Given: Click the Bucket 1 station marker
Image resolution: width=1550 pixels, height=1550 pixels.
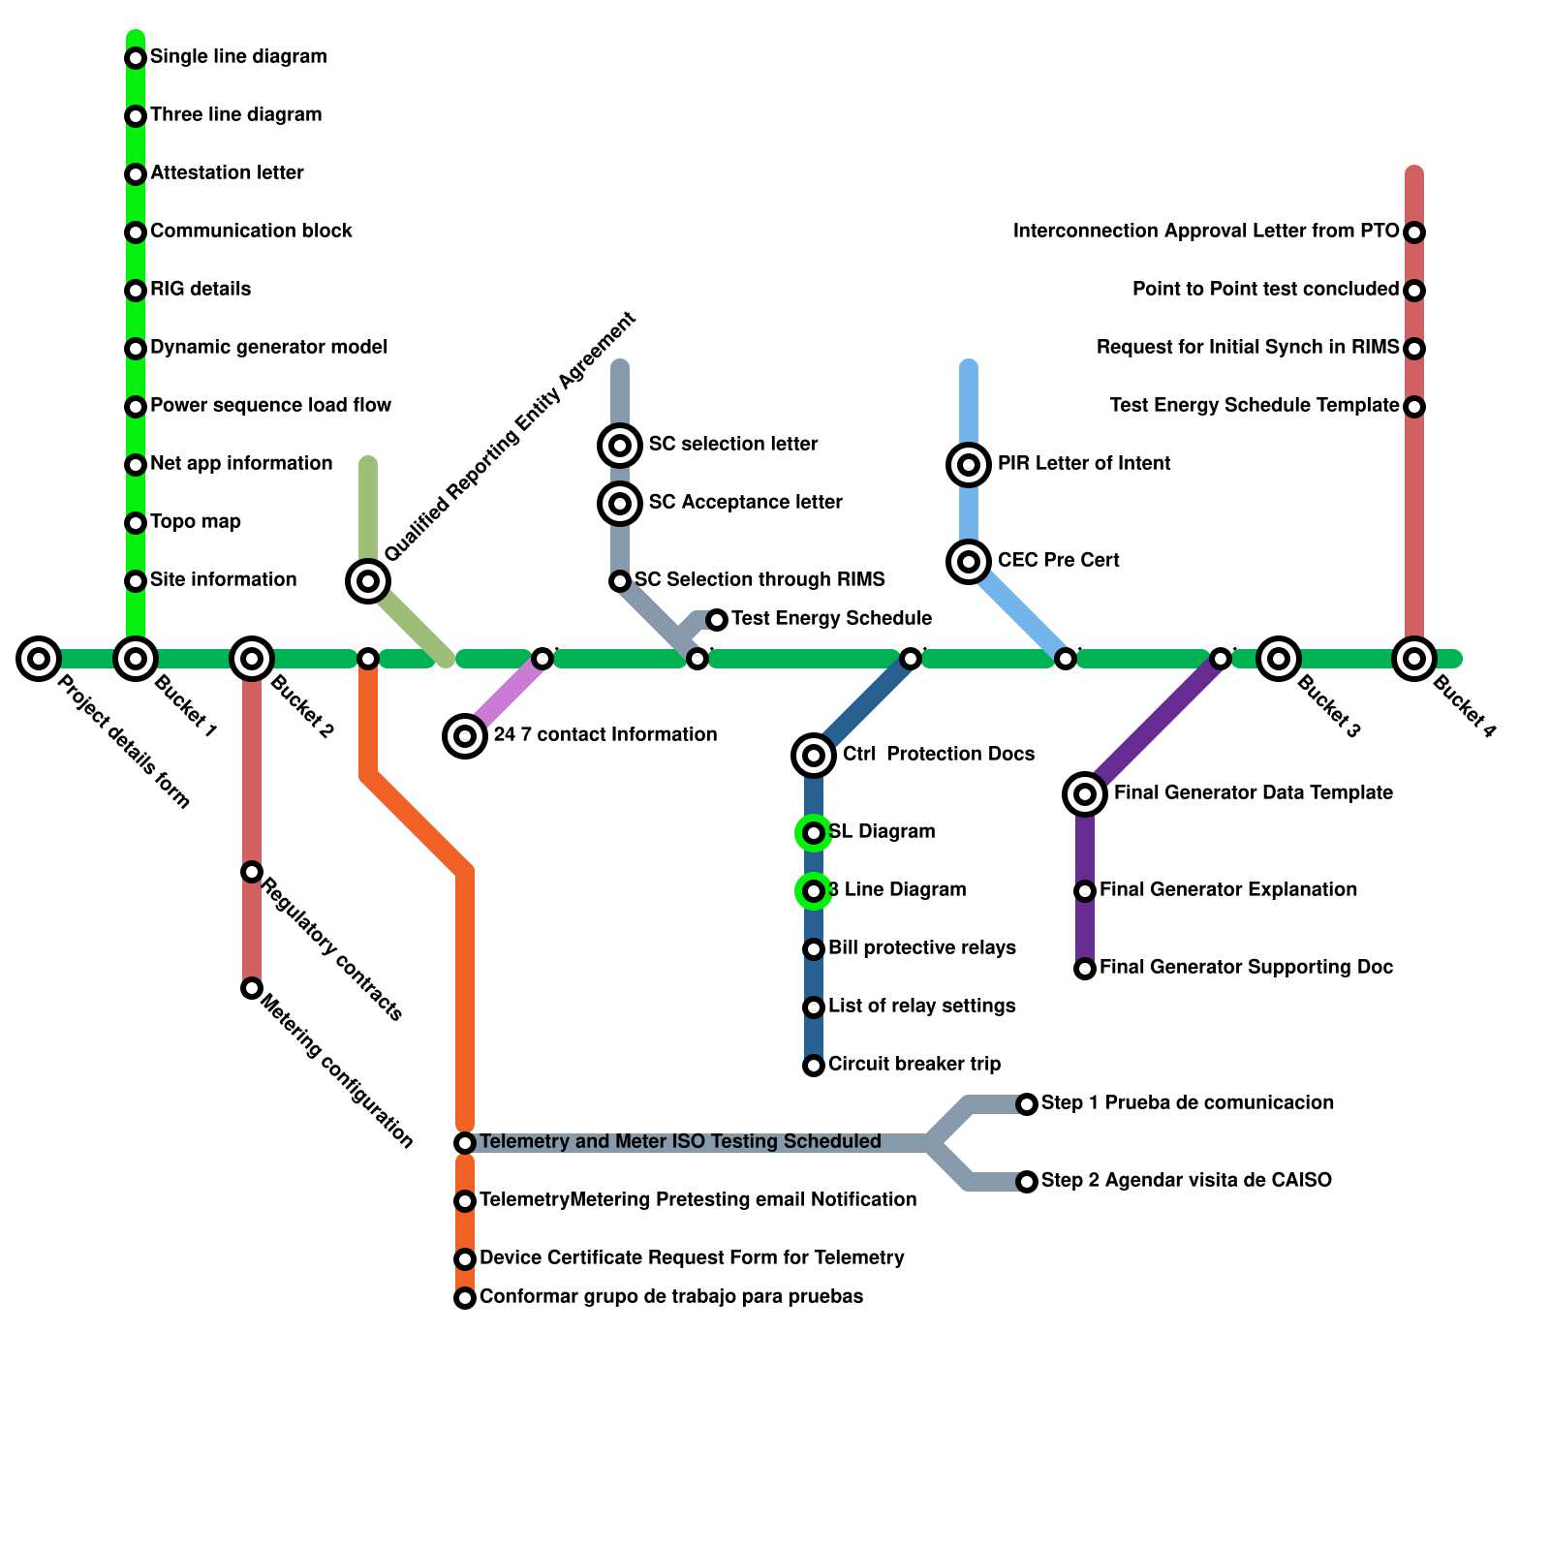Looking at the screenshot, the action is (x=136, y=659).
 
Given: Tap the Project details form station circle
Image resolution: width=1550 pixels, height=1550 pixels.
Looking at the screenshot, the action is (x=39, y=659).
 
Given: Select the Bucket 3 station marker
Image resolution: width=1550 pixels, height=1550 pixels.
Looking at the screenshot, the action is (x=1279, y=659).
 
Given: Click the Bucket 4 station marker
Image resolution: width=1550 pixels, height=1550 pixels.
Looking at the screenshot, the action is (x=1414, y=659).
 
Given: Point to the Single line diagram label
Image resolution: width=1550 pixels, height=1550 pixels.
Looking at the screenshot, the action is (x=238, y=57).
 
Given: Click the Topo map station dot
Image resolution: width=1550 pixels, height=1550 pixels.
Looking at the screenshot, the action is (x=136, y=523).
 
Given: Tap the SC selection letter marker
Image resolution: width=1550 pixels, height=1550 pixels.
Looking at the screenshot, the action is (x=620, y=446).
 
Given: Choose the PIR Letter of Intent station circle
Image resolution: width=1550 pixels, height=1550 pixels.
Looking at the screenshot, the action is (x=969, y=465).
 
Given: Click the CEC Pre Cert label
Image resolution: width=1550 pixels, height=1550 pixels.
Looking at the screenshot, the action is (x=1058, y=561).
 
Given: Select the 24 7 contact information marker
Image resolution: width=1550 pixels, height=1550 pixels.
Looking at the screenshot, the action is (x=465, y=736).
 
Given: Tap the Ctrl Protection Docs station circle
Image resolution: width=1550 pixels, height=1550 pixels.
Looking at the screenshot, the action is (x=814, y=756).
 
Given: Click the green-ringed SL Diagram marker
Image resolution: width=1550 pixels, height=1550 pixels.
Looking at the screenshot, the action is (x=814, y=833).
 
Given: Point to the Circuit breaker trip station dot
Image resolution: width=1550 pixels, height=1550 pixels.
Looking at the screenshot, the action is (x=814, y=1066).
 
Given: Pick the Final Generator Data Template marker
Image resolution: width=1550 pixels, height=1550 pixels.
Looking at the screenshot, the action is (x=1085, y=794).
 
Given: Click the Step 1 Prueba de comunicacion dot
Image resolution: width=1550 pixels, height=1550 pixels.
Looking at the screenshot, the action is (x=1027, y=1104).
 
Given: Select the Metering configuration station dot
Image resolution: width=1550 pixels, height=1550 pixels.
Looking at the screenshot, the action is (x=252, y=988).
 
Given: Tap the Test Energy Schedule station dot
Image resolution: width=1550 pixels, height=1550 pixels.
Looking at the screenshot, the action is (x=717, y=620).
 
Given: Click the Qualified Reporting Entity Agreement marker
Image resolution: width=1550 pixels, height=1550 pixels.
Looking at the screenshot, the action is (x=368, y=581).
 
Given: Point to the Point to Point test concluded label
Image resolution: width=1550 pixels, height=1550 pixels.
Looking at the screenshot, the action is (x=1265, y=290).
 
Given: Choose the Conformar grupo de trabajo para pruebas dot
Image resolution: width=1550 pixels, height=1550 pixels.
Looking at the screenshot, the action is (x=465, y=1298).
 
